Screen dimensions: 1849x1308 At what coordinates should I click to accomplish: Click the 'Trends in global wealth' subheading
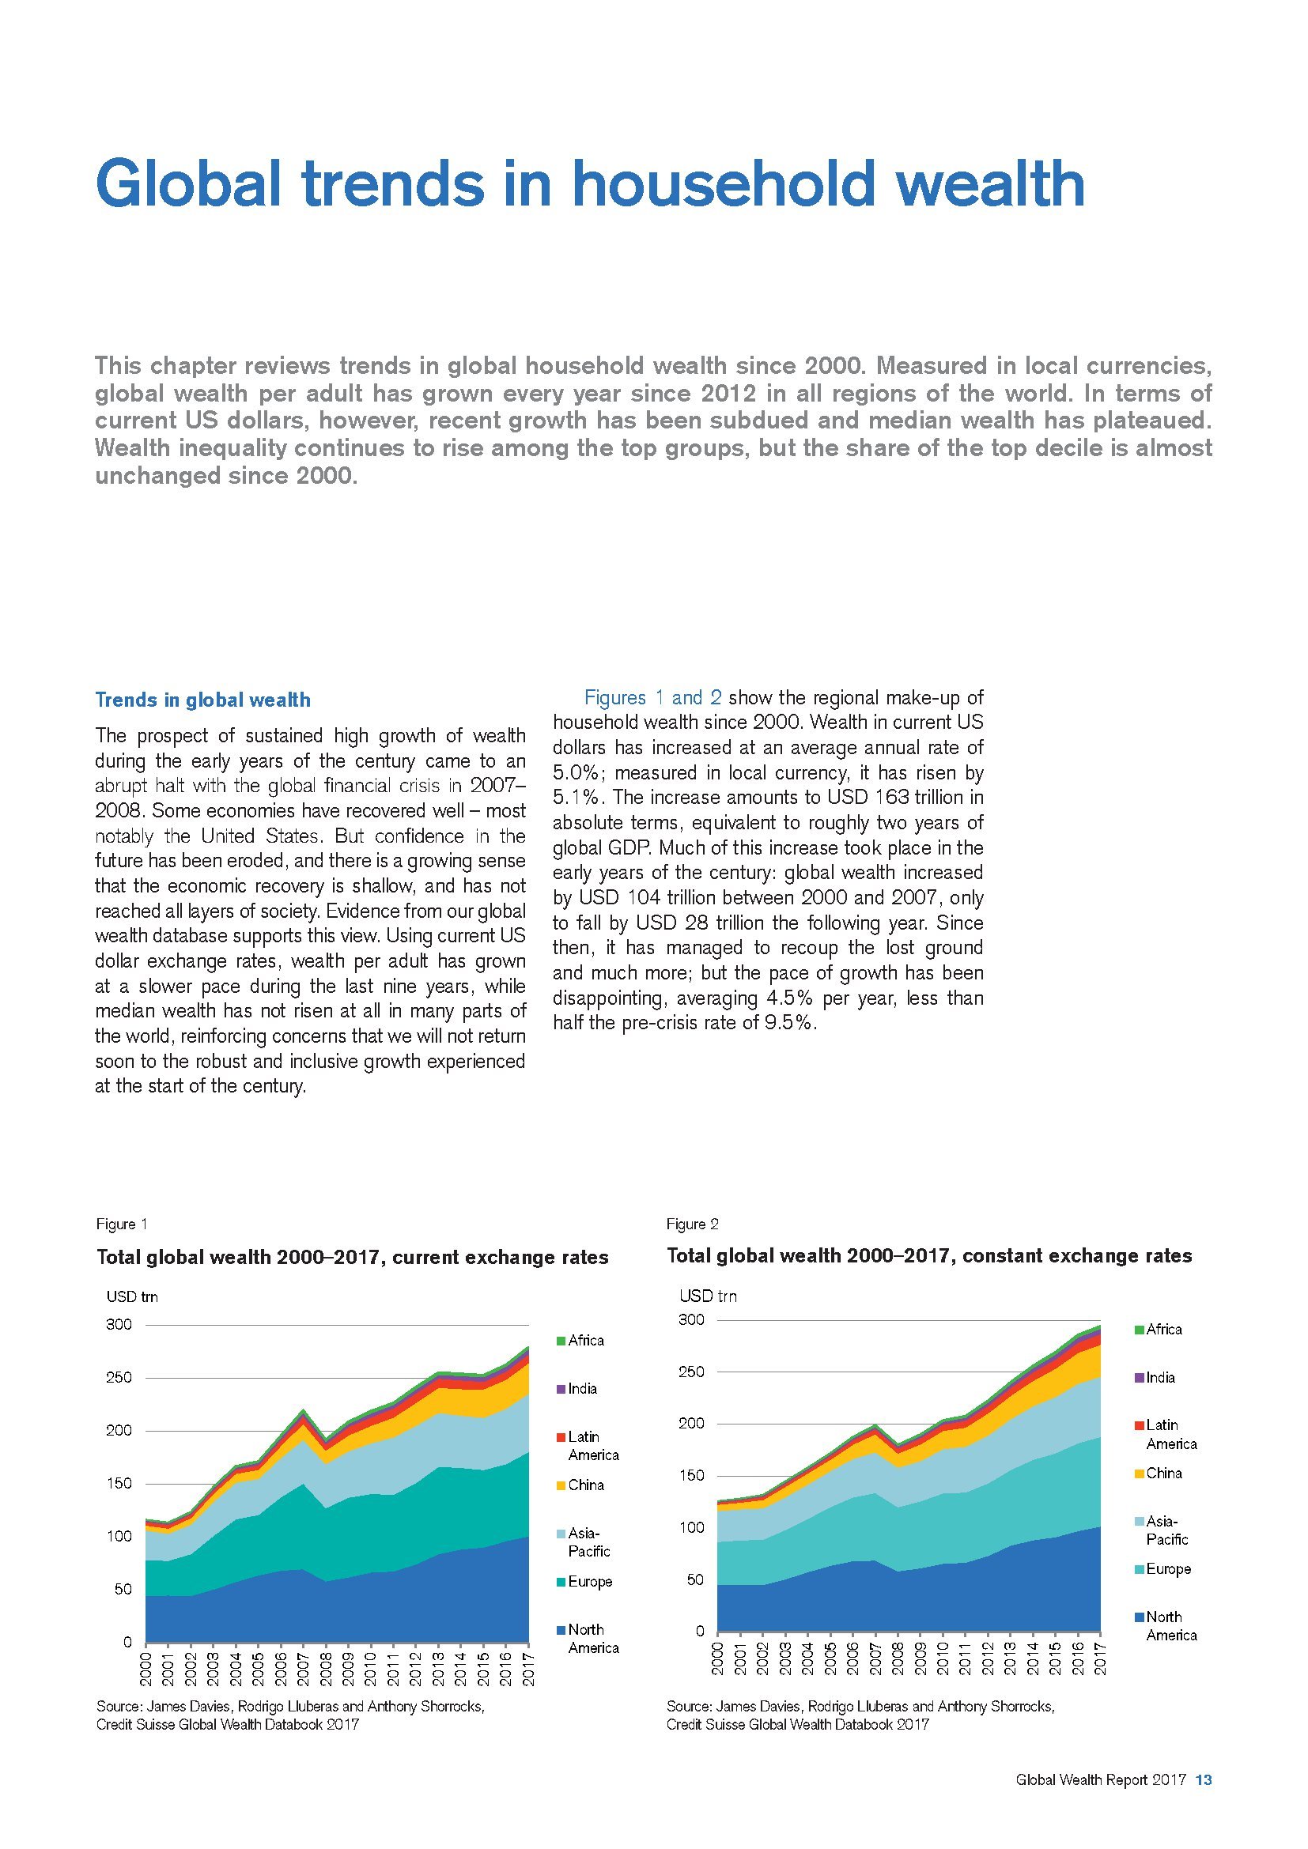(x=202, y=700)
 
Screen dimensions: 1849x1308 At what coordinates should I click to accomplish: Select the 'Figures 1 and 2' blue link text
(x=652, y=697)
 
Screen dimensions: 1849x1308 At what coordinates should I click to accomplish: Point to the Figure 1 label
(x=121, y=1224)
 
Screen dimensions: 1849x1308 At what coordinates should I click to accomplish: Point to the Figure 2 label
(x=692, y=1224)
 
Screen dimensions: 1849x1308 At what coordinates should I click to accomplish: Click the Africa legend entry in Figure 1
(x=580, y=1341)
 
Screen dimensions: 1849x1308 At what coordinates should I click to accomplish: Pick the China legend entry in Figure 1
(x=580, y=1485)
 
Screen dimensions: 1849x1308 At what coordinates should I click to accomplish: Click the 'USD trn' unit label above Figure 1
(x=132, y=1296)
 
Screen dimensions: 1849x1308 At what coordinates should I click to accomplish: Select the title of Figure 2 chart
(x=928, y=1256)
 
